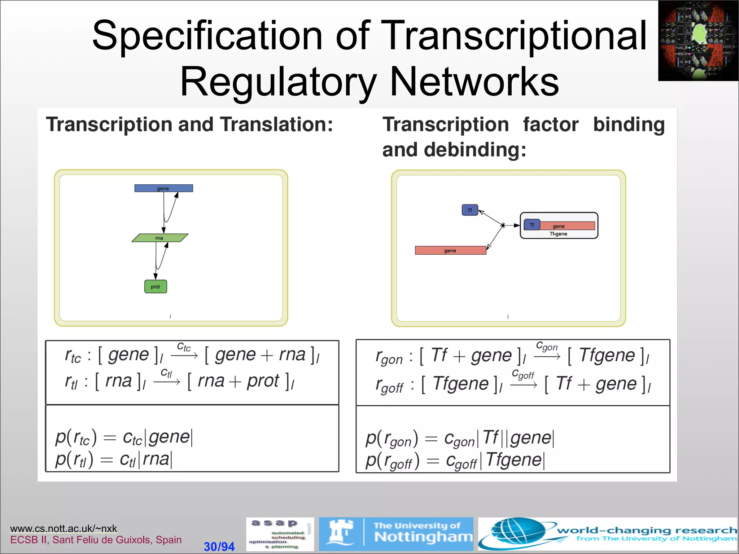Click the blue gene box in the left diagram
tap(163, 188)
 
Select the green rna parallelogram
tap(160, 238)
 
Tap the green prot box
tap(156, 287)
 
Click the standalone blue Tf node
tap(470, 210)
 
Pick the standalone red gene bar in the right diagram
tap(450, 250)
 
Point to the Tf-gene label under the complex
tap(558, 234)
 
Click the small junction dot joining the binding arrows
tap(503, 225)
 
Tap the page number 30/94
tap(219, 546)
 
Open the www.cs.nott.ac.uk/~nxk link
tap(64, 528)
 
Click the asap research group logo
tap(280, 534)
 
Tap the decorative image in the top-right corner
tap(698, 40)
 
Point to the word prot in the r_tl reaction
tap(263, 381)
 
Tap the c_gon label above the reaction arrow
tap(546, 346)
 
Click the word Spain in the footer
tap(169, 540)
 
